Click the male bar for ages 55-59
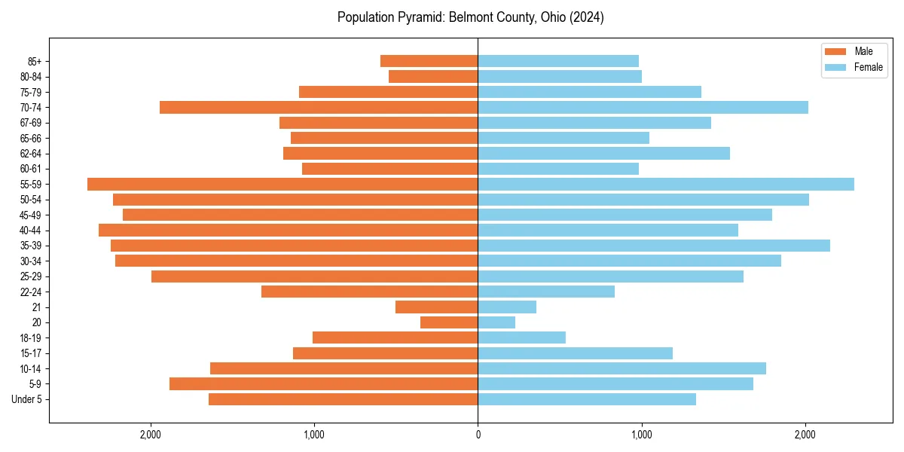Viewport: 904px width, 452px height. point(282,184)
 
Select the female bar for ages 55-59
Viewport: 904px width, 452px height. point(666,184)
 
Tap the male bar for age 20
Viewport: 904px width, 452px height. point(449,322)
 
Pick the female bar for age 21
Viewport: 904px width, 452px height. point(507,307)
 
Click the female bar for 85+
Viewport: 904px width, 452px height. point(558,61)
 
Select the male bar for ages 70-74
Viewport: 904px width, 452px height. point(319,107)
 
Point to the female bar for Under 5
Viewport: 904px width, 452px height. point(587,399)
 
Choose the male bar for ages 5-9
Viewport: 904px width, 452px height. point(323,383)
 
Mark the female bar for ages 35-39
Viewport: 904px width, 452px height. point(654,246)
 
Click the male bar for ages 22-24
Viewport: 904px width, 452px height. point(369,292)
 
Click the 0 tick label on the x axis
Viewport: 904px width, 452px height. point(478,435)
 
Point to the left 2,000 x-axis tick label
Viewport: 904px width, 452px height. point(151,435)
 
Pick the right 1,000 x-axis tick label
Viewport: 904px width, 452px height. point(641,435)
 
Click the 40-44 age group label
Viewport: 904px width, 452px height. point(30,231)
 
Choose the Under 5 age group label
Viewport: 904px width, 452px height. point(27,399)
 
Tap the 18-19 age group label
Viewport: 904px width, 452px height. point(30,337)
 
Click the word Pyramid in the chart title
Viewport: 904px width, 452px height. point(420,17)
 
